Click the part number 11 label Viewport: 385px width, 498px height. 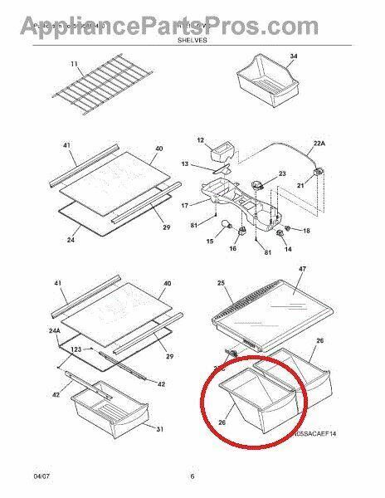[x=73, y=64]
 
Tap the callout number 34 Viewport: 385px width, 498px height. [x=291, y=56]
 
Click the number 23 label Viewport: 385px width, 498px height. [x=281, y=173]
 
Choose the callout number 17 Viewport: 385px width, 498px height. [x=185, y=205]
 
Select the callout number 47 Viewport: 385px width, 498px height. [x=302, y=271]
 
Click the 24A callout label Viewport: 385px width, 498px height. [x=55, y=331]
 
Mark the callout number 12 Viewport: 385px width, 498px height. [x=200, y=140]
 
